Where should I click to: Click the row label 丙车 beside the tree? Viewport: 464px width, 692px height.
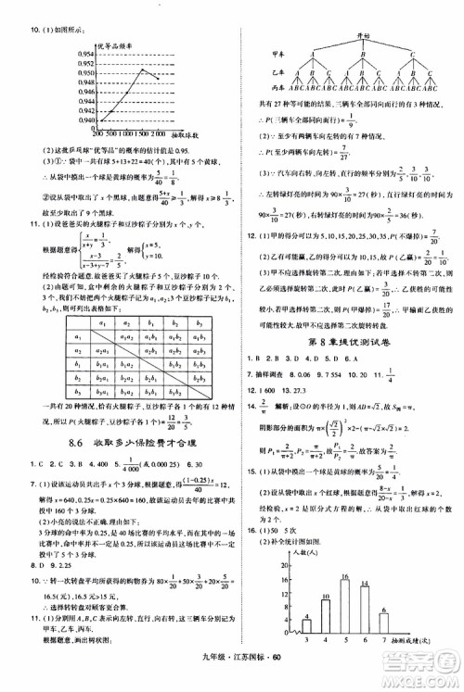pos(277,87)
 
